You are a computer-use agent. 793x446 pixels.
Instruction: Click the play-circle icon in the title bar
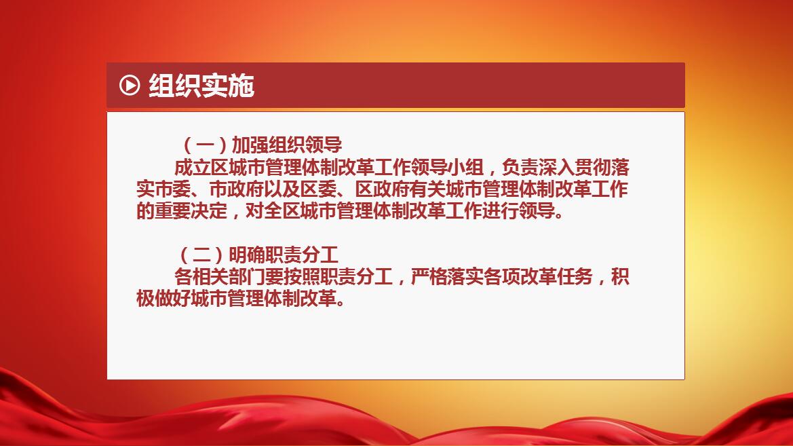click(x=130, y=85)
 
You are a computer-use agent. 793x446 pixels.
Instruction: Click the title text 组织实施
click(x=201, y=85)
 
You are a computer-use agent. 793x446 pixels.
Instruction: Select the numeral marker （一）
click(x=204, y=145)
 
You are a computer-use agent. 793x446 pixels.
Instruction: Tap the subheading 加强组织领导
click(x=287, y=145)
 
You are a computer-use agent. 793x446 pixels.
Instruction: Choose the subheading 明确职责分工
click(x=284, y=255)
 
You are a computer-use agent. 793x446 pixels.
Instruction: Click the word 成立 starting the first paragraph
click(x=192, y=168)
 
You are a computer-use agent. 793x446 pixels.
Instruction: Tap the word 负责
click(x=520, y=168)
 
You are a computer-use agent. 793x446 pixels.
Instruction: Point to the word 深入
click(x=557, y=168)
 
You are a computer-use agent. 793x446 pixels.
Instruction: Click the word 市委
click(x=173, y=189)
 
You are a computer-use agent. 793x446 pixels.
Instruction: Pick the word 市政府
click(x=237, y=189)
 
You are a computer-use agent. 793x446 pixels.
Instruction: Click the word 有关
click(x=428, y=189)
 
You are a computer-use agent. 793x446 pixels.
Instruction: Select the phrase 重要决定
click(x=191, y=211)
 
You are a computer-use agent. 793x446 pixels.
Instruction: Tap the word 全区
click(x=282, y=211)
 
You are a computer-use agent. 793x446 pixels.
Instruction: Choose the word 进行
click(x=501, y=211)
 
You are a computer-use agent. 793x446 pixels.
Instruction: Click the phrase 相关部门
click(x=229, y=277)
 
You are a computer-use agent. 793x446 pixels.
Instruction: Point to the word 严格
click(x=429, y=277)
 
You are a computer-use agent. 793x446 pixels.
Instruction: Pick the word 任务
click(x=575, y=277)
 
